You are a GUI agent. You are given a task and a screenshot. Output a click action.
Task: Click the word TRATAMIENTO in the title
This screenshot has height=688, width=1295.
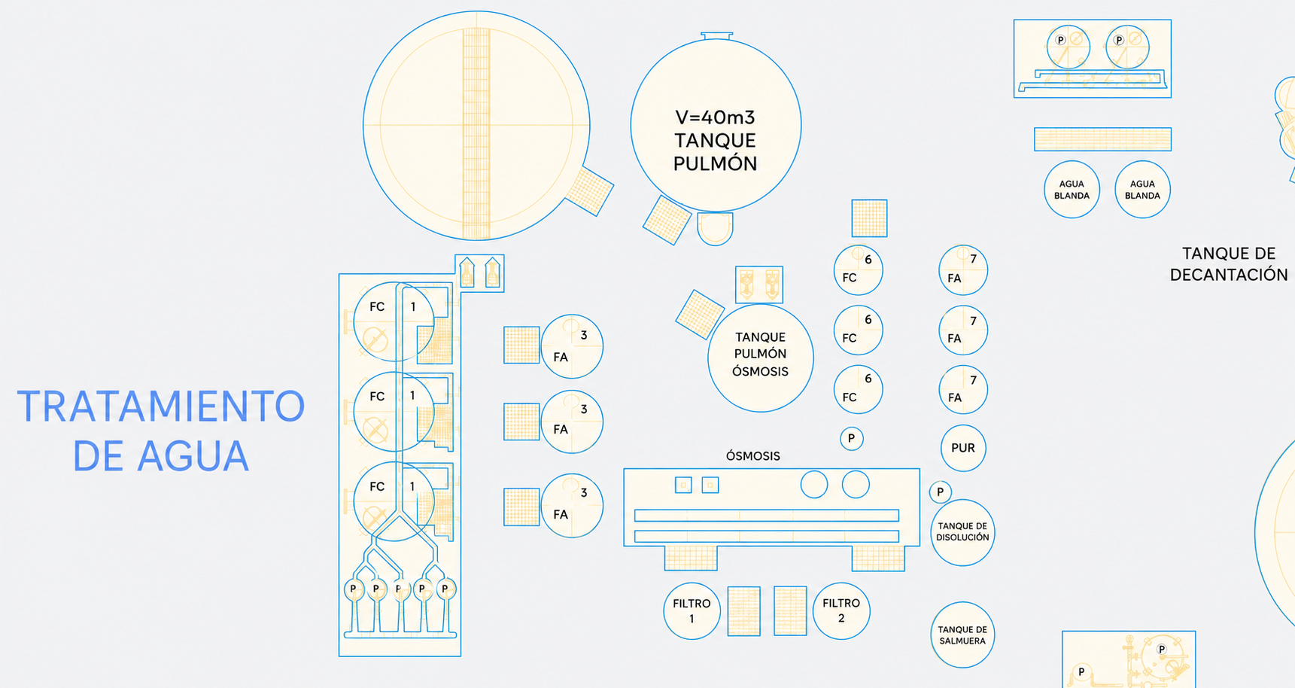161,406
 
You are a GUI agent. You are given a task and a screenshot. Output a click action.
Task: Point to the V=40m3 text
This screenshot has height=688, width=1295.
715,117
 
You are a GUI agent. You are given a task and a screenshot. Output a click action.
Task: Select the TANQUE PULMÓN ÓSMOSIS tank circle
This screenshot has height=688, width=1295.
761,358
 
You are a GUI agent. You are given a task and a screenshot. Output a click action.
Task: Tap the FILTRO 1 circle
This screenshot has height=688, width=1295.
692,611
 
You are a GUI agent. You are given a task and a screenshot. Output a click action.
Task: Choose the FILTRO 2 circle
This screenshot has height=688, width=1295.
841,611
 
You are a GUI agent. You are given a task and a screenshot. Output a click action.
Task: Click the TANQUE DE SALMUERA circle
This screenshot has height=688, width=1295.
962,635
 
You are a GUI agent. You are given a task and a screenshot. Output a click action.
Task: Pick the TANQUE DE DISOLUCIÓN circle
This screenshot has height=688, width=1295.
962,532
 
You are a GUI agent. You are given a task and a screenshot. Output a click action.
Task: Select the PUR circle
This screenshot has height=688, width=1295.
963,448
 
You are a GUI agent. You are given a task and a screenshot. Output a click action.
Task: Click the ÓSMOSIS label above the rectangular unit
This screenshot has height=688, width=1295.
752,456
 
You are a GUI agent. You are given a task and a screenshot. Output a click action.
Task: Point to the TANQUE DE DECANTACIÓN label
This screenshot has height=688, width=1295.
1229,264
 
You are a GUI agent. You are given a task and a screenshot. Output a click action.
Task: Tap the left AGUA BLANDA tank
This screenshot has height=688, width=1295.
1072,190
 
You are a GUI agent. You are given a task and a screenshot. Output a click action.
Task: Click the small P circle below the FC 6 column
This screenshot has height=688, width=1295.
851,438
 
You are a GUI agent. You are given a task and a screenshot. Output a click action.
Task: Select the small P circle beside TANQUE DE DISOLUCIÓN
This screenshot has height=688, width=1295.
940,492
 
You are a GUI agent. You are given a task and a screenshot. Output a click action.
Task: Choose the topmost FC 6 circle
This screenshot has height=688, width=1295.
858,269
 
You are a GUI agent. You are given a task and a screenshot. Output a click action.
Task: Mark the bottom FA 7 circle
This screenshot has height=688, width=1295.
963,389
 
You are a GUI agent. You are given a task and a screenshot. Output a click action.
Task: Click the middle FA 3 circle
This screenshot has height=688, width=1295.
572,422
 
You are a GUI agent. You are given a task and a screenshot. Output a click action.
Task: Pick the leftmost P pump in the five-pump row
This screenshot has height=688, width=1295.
353,589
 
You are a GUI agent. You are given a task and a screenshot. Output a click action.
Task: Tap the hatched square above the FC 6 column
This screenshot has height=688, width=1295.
869,218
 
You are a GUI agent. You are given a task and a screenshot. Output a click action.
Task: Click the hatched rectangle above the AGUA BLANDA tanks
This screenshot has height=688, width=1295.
1102,139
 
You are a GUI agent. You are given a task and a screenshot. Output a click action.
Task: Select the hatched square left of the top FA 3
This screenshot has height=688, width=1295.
521,345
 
